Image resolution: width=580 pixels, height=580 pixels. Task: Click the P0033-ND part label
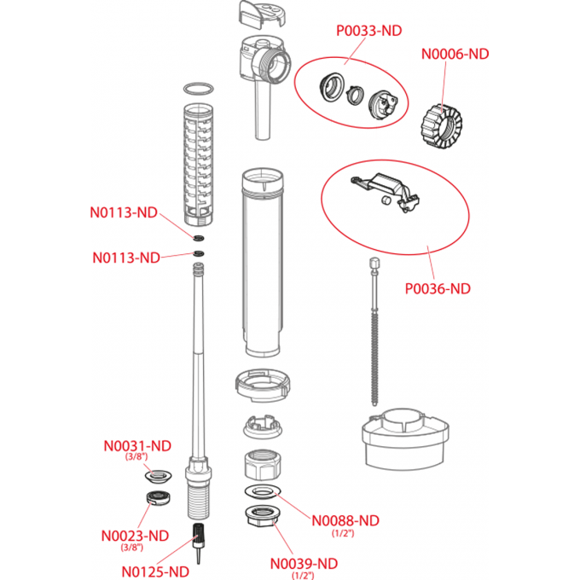(368, 31)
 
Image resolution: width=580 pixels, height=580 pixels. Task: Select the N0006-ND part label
(455, 53)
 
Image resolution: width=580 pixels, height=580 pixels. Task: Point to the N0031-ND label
(137, 445)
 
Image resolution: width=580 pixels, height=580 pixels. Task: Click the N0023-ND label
(135, 536)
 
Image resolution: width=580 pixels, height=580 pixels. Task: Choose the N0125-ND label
(155, 571)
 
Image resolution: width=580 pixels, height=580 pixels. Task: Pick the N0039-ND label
(304, 563)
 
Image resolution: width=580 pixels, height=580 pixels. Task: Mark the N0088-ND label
(345, 520)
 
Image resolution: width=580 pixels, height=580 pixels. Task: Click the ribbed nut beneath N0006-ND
(440, 121)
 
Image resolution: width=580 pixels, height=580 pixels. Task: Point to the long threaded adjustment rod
(374, 333)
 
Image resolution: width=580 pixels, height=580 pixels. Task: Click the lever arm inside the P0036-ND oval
(385, 186)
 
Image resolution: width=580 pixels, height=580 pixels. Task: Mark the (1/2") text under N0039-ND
(304, 576)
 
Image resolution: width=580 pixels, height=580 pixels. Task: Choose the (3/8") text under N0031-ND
(137, 457)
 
